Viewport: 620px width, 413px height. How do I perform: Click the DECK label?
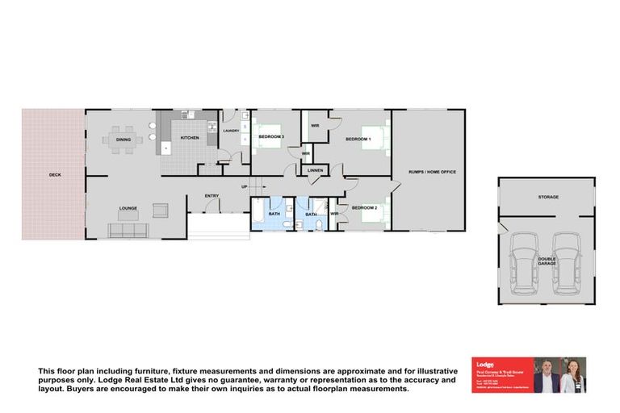coord(54,174)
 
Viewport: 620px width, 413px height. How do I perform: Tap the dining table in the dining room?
coord(123,140)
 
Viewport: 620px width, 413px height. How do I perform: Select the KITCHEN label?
coord(190,139)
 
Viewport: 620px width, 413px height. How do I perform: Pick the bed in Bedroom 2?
coord(373,214)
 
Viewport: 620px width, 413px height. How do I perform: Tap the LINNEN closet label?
coord(315,170)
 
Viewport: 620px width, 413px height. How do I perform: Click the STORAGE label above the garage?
coord(548,197)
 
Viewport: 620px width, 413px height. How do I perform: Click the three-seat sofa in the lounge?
coord(128,230)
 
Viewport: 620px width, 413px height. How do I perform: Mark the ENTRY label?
coord(212,195)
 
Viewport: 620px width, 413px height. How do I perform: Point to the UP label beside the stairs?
coord(243,188)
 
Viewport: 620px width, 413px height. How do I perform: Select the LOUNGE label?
coord(128,208)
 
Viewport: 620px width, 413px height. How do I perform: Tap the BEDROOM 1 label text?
coord(358,140)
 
